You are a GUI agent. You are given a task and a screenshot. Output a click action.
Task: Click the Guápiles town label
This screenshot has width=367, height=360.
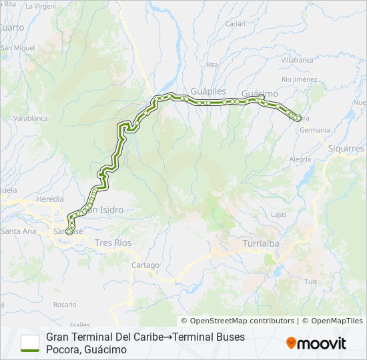(209, 90)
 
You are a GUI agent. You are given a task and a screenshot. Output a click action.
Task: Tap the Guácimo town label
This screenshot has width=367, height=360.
(260, 93)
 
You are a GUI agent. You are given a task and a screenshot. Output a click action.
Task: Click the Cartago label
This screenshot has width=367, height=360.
(145, 265)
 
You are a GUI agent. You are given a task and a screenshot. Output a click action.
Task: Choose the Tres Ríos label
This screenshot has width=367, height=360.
(113, 243)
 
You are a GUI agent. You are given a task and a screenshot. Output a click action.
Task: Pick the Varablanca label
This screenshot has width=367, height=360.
(31, 118)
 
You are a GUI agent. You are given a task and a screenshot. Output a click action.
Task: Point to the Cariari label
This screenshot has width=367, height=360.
(235, 23)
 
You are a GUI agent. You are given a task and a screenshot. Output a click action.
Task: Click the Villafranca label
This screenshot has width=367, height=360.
(297, 60)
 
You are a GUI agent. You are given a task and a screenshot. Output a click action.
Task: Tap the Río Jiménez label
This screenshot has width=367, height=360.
(300, 79)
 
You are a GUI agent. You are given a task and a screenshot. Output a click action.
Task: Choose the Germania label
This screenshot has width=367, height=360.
(315, 130)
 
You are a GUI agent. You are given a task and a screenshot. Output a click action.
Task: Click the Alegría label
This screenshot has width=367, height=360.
(300, 159)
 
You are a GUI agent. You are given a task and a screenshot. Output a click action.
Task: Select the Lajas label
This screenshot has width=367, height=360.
(279, 214)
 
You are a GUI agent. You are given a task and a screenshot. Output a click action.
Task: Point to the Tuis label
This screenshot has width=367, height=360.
(311, 282)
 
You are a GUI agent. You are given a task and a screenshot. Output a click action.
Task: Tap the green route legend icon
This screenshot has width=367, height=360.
(30, 343)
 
